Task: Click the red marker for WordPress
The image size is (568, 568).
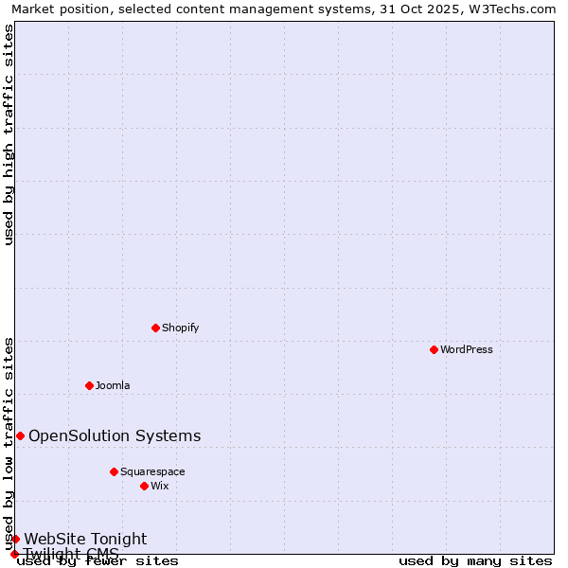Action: point(434,349)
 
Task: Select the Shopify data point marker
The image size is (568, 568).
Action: point(155,328)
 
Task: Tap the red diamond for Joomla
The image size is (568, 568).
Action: point(89,385)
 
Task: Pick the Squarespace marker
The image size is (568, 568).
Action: point(114,471)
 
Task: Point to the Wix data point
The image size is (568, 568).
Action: point(144,486)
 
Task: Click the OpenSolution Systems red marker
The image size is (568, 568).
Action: point(20,435)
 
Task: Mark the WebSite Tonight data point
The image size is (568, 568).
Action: point(15,539)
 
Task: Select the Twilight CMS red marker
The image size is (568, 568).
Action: point(14,554)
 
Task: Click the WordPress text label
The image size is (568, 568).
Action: point(467,349)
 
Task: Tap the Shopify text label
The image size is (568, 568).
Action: point(180,328)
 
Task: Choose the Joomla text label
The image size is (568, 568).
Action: point(113,385)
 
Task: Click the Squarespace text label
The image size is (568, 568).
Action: point(152,471)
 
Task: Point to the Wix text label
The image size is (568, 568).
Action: point(160,486)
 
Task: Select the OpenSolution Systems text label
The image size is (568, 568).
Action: point(115,435)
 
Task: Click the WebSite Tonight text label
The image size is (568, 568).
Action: point(85,539)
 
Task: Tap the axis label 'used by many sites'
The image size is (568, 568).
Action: point(475,561)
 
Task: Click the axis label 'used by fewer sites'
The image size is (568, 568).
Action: point(98,561)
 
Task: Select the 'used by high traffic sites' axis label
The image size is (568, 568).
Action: point(9,134)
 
